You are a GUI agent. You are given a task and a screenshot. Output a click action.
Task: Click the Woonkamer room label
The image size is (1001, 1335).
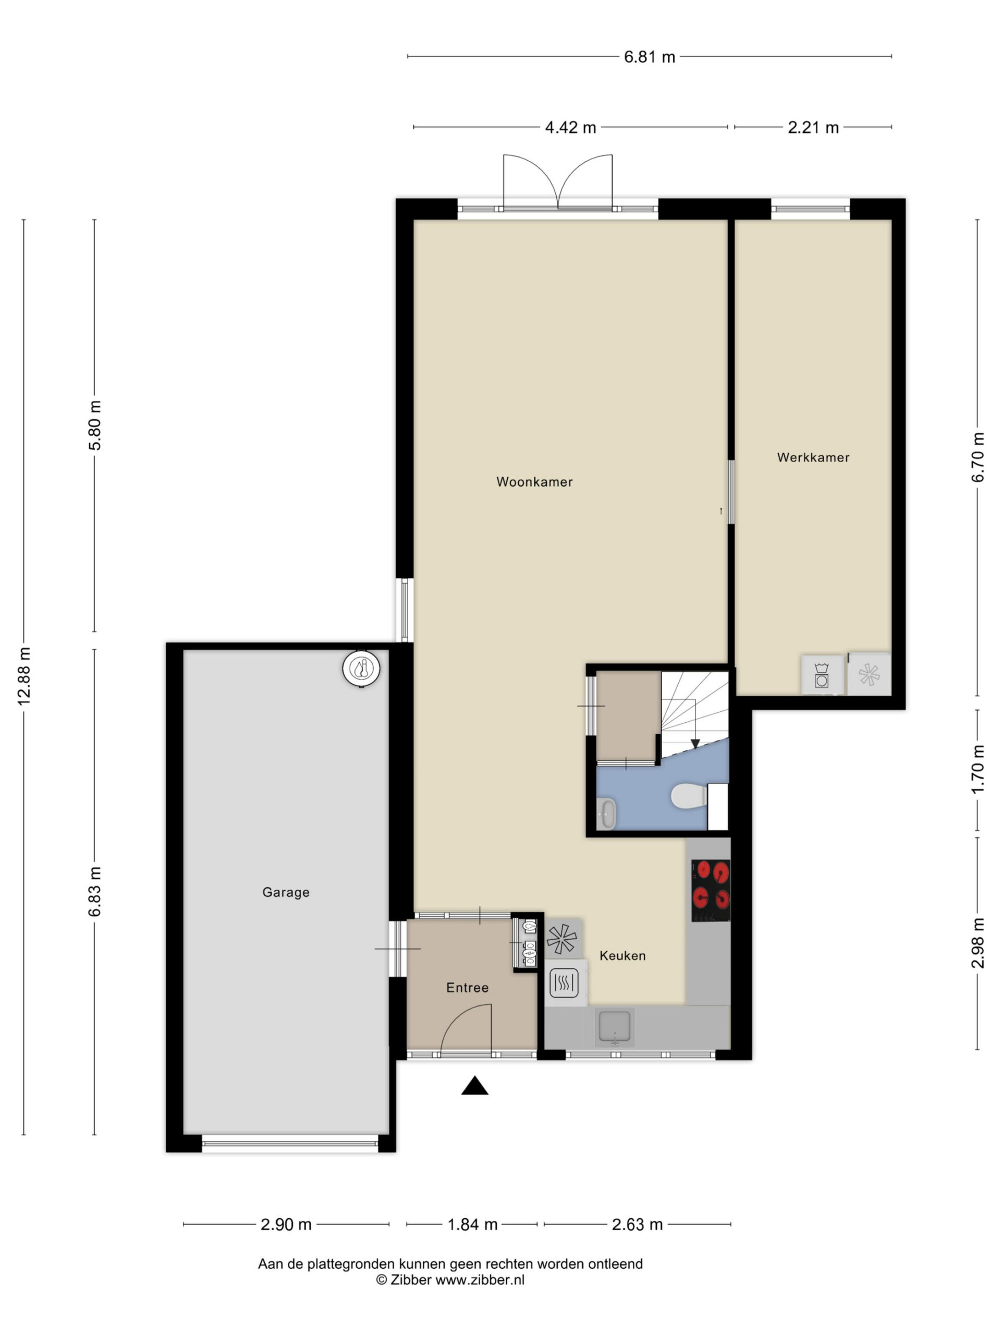pyautogui.click(x=534, y=482)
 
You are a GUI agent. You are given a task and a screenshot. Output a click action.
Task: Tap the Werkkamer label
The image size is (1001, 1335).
pyautogui.click(x=813, y=457)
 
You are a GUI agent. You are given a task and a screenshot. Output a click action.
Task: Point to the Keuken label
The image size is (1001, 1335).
pyautogui.click(x=622, y=955)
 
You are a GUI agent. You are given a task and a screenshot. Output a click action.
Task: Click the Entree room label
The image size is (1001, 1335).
pyautogui.click(x=467, y=987)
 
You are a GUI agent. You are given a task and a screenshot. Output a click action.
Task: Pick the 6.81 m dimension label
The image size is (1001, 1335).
pyautogui.click(x=649, y=57)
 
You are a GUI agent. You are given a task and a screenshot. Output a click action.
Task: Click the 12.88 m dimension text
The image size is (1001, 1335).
pyautogui.click(x=24, y=676)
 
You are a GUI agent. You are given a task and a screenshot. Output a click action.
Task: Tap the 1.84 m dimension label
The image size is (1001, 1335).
pyautogui.click(x=472, y=1224)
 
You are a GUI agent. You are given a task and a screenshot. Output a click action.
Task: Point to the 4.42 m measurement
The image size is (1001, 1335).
pyautogui.click(x=570, y=127)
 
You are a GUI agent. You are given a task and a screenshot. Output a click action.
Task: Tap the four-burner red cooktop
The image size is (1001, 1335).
pyautogui.click(x=710, y=890)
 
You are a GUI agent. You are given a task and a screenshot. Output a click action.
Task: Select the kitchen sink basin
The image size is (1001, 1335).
pyautogui.click(x=614, y=1027)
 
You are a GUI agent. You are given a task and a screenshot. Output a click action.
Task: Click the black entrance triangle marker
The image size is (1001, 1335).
pyautogui.click(x=474, y=1085)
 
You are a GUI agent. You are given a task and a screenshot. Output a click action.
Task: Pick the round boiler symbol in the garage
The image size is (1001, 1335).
pyautogui.click(x=361, y=668)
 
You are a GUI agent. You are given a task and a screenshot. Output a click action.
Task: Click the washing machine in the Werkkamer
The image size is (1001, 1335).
pyautogui.click(x=822, y=675)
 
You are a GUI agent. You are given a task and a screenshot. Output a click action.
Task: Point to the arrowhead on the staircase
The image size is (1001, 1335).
pyautogui.click(x=695, y=744)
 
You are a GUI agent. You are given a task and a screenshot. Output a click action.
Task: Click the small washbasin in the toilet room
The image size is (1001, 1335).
pyautogui.click(x=606, y=813)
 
